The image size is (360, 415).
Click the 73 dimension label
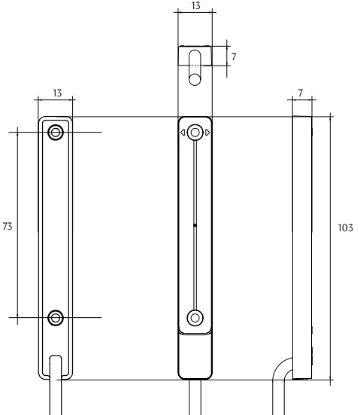(7, 226)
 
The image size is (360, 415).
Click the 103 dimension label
(346, 228)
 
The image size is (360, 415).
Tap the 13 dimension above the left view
(57, 93)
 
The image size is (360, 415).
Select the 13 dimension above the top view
(196, 5)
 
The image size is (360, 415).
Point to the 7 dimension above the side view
(300, 93)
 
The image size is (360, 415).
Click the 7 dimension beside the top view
(234, 57)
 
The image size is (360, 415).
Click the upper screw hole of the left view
(56, 132)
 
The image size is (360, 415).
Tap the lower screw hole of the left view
(56, 317)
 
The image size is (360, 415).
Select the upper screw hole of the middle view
(195, 133)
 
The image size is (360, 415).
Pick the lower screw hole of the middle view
(195, 318)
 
